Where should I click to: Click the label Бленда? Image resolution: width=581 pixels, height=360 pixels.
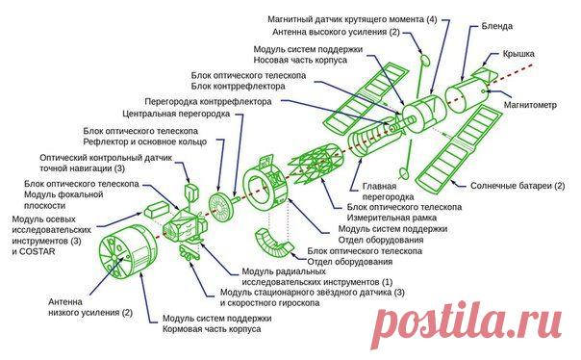(497, 26)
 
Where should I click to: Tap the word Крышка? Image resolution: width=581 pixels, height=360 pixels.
(518, 54)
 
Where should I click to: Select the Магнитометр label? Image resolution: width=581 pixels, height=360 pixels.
(530, 105)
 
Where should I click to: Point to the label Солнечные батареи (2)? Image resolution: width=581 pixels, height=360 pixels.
(518, 186)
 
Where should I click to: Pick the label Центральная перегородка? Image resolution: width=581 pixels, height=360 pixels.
(176, 114)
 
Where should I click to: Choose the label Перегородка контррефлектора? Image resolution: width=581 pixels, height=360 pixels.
(208, 102)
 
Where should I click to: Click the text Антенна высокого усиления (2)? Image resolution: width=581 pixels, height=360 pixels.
(336, 33)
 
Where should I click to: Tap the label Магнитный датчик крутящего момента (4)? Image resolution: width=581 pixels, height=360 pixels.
(352, 19)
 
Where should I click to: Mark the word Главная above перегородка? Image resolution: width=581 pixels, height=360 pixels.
(379, 186)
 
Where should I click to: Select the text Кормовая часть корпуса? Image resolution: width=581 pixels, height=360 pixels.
(212, 329)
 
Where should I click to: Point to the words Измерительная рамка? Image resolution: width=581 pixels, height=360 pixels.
(392, 218)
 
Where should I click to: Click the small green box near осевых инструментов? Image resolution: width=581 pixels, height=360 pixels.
(156, 210)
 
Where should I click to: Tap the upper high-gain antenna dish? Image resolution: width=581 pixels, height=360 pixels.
(424, 60)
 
